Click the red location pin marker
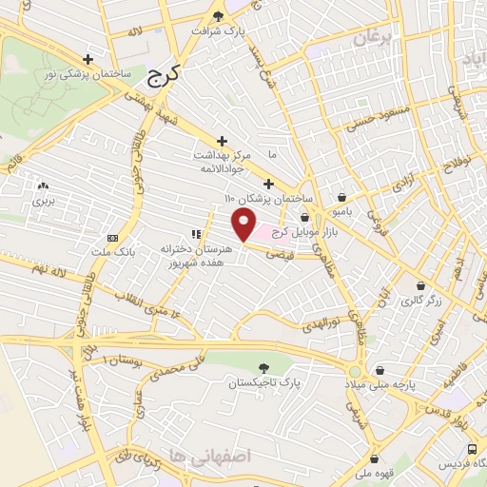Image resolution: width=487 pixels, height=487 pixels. (x=245, y=225)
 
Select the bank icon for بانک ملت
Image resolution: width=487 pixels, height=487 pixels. (x=112, y=238)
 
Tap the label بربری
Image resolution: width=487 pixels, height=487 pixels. (x=43, y=201)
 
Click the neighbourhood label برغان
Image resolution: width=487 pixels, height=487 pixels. (x=372, y=39)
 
